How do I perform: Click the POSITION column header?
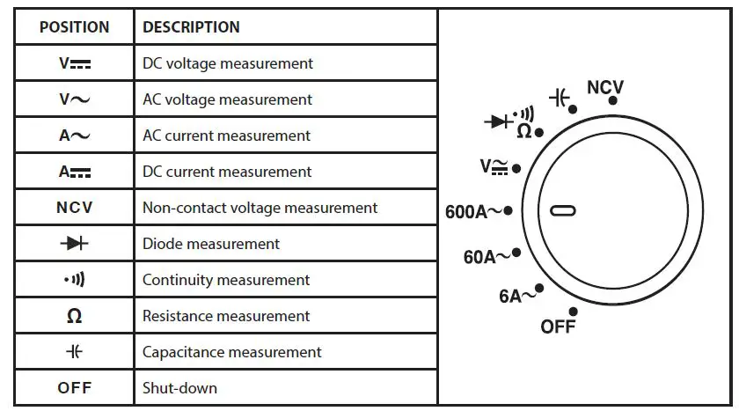[74, 27]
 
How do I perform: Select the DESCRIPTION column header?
[191, 27]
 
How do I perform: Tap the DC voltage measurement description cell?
[228, 63]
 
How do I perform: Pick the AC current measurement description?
[226, 136]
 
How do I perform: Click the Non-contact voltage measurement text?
[260, 208]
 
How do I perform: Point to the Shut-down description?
[179, 387]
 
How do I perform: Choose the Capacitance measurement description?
[231, 352]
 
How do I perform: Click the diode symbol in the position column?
[75, 244]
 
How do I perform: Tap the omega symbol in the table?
[75, 317]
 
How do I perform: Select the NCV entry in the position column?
[75, 208]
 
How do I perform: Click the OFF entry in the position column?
[75, 387]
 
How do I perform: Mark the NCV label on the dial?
[604, 87]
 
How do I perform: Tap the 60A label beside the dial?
[486, 257]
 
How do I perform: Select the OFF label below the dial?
[558, 327]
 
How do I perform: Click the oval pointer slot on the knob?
[563, 210]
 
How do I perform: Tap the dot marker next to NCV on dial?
[612, 100]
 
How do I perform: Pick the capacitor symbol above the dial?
[559, 97]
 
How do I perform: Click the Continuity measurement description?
[226, 280]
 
